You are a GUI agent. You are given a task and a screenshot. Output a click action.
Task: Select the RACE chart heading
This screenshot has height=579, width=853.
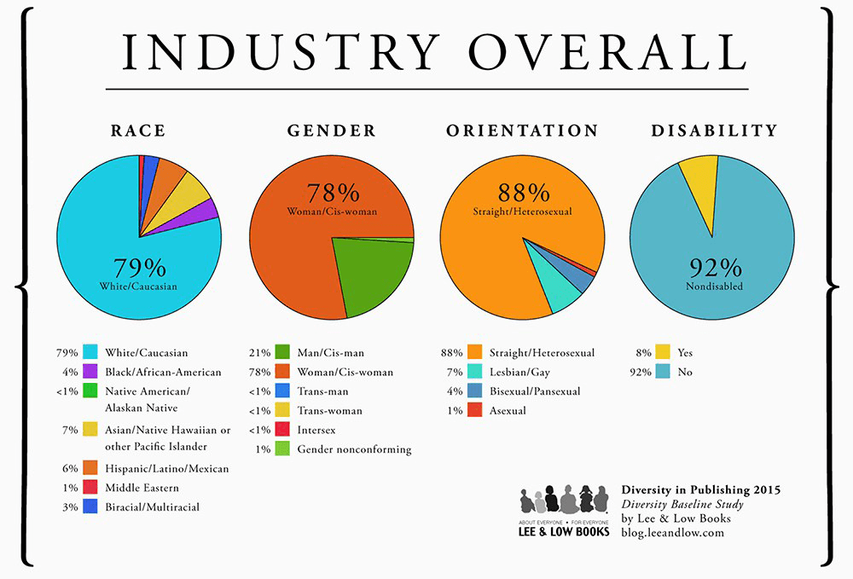[x=138, y=131]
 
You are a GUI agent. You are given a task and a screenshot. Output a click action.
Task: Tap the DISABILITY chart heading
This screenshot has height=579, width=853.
[x=714, y=131]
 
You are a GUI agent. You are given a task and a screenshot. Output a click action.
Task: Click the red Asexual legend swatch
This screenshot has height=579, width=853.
[x=474, y=411]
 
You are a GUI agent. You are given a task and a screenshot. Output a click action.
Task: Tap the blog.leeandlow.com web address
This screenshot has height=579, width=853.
[x=672, y=532]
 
